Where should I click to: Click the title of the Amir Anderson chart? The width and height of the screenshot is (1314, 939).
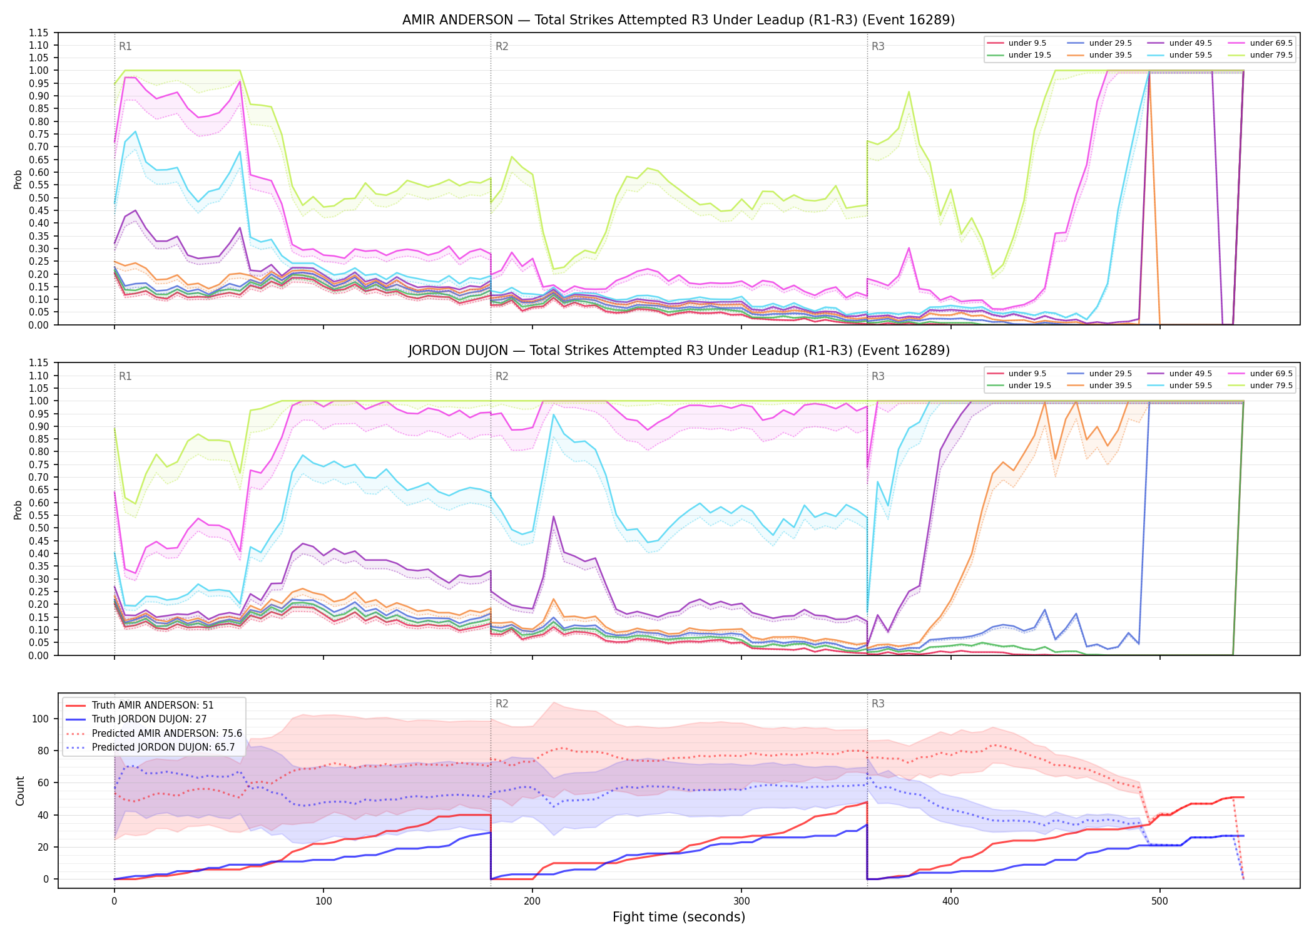pyautogui.click(x=678, y=20)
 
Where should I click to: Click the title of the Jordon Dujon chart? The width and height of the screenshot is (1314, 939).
pyautogui.click(x=679, y=351)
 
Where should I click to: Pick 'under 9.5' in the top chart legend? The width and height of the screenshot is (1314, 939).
pyautogui.click(x=1027, y=43)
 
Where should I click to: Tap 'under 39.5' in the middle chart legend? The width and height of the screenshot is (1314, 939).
pyautogui.click(x=1110, y=386)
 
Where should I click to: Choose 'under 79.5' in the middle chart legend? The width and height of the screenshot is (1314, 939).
pyautogui.click(x=1271, y=386)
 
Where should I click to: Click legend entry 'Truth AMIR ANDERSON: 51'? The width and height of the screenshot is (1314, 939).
pyautogui.click(x=153, y=706)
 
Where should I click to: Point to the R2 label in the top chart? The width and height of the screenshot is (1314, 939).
pyautogui.click(x=502, y=46)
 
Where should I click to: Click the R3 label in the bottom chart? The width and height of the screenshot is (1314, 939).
pyautogui.click(x=878, y=704)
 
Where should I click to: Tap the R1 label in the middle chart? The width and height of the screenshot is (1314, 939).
pyautogui.click(x=125, y=376)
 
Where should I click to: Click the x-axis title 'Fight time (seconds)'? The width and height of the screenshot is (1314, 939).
pyautogui.click(x=679, y=917)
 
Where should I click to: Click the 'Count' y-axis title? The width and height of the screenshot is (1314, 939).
pyautogui.click(x=20, y=791)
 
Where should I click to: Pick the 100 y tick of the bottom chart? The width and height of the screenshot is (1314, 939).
pyautogui.click(x=40, y=719)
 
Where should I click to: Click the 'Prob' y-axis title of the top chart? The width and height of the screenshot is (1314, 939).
pyautogui.click(x=18, y=179)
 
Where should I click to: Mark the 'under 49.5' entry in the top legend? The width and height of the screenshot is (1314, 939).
pyautogui.click(x=1190, y=43)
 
